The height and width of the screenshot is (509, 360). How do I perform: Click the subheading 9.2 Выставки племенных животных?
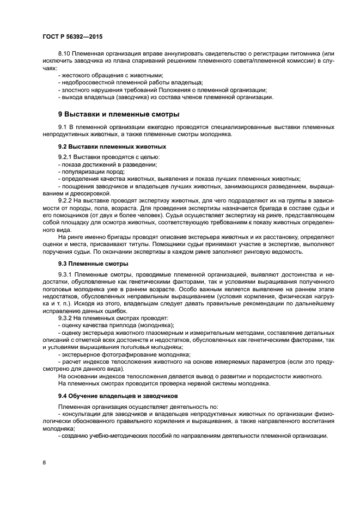coord(112,147)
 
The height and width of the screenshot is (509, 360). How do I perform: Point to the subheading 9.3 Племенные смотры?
coord(93,263)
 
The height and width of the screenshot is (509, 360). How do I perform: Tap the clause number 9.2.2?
coord(66,200)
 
